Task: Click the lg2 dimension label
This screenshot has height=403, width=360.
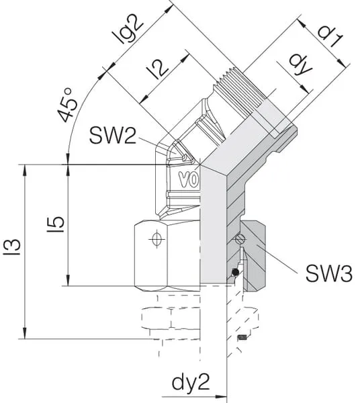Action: point(128,30)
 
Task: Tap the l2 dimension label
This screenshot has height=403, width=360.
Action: point(158,69)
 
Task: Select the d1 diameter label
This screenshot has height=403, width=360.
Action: point(330,36)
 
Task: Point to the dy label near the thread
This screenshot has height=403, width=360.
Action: point(300,65)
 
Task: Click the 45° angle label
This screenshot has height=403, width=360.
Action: point(67,105)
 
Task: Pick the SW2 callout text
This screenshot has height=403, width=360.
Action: point(112,136)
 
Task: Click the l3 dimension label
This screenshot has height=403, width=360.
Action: point(11,247)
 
